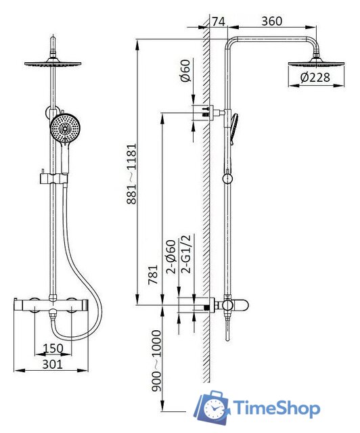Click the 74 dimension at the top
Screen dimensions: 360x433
click(x=219, y=22)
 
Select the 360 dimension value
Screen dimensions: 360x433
click(x=272, y=21)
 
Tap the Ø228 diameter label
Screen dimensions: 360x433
click(x=315, y=78)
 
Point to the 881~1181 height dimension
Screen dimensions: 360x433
click(x=132, y=174)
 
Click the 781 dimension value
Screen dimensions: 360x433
click(x=153, y=275)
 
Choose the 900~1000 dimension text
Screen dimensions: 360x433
click(x=156, y=361)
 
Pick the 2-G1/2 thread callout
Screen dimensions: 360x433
click(x=185, y=254)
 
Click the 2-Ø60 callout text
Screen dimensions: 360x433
click(x=171, y=257)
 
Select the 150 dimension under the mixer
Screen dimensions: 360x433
click(x=53, y=348)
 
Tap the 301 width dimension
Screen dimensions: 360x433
click(x=53, y=365)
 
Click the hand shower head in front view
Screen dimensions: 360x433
click(x=65, y=129)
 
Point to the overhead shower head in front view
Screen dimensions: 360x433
click(x=53, y=63)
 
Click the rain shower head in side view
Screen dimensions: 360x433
click(x=316, y=63)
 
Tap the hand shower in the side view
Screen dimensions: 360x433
click(x=233, y=129)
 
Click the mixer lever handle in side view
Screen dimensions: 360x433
click(x=240, y=305)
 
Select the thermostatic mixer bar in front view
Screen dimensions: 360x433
click(x=51, y=305)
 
